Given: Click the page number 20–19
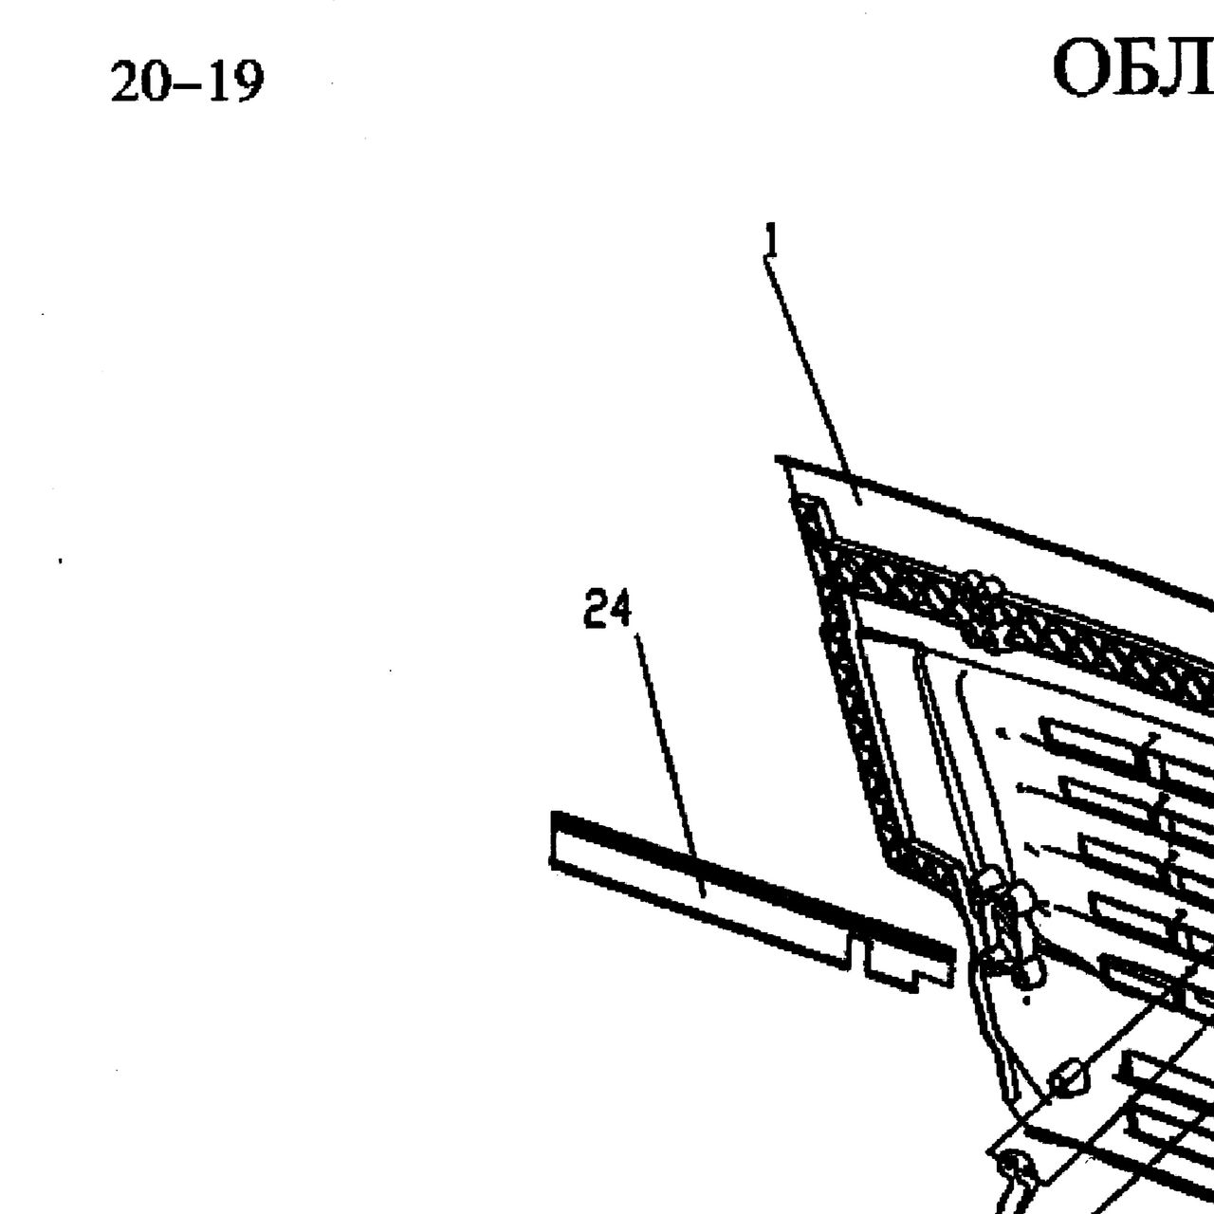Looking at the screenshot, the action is [x=187, y=82].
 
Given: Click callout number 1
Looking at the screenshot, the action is [x=771, y=239].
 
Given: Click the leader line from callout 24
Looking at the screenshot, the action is [x=670, y=764].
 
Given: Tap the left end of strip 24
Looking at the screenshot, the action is [x=553, y=839].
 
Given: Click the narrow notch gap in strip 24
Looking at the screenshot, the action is [x=856, y=954].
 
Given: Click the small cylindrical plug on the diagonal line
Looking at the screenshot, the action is [x=1069, y=1081].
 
